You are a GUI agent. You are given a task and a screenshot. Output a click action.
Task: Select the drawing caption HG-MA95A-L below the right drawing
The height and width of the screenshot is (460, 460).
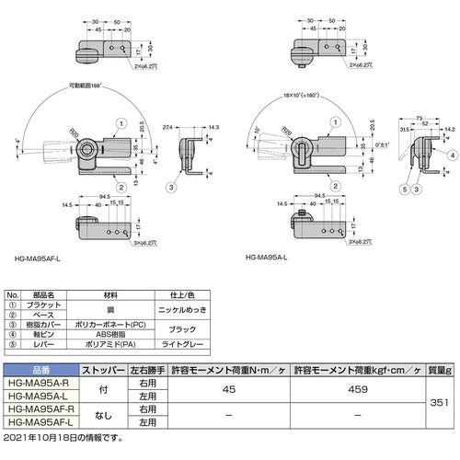pos(270,259)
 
